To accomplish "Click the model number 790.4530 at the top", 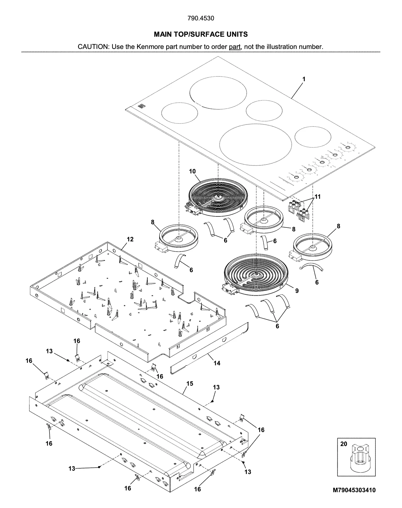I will (201, 18).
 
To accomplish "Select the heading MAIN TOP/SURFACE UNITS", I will (201, 34).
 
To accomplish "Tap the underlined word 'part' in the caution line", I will (235, 47).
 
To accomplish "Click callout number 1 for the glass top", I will (304, 79).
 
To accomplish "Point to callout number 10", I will (192, 171).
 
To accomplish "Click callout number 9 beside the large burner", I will (297, 291).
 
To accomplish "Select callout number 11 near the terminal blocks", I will (318, 197).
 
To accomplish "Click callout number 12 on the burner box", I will (130, 239).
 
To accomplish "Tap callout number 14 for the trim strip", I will (217, 363).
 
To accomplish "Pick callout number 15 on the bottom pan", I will (190, 384).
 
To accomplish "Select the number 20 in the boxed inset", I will (343, 444).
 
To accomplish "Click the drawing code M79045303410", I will (354, 490).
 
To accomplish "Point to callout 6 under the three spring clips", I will (277, 326).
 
